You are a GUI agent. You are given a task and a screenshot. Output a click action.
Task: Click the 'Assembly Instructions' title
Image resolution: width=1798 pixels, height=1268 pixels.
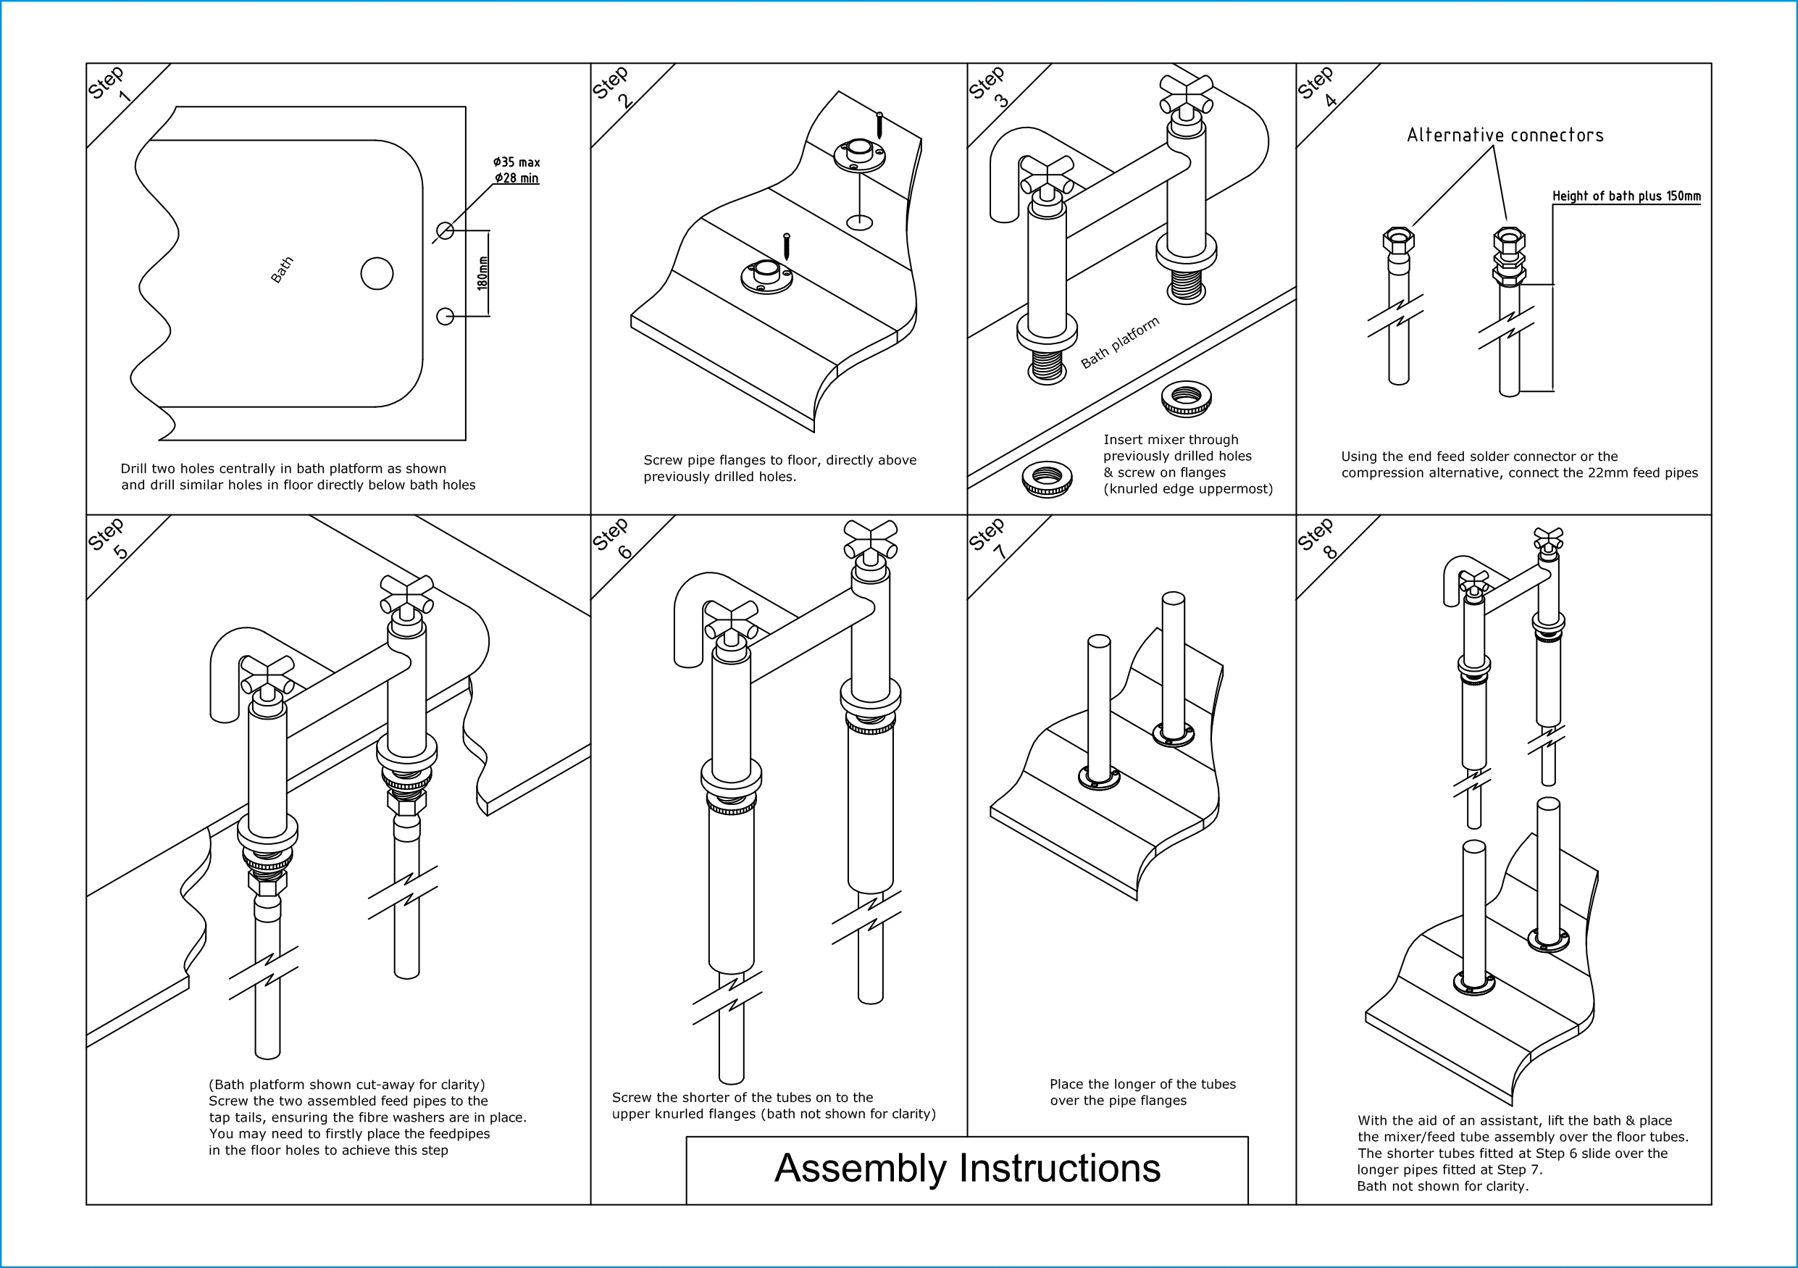[x=967, y=1169]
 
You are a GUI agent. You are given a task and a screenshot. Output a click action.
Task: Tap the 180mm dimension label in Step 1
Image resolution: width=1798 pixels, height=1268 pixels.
[x=483, y=273]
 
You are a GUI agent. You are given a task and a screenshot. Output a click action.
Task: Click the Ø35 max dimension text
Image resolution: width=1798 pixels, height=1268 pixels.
[x=517, y=162]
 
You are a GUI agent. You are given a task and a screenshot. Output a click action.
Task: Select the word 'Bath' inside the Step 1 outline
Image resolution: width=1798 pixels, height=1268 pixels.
[x=282, y=270]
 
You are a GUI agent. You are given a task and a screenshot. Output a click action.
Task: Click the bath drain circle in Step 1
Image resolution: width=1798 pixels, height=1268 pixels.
[x=377, y=274]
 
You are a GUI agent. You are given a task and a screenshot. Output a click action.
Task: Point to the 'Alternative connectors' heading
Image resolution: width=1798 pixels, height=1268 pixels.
[x=1505, y=135]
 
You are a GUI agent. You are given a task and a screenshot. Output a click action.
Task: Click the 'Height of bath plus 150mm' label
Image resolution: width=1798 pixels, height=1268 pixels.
[x=1626, y=196]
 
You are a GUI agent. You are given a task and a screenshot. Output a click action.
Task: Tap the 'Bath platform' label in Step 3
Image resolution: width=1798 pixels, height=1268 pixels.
[x=1120, y=343]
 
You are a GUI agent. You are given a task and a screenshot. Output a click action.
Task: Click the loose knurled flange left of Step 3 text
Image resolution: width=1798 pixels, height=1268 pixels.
[x=1047, y=478]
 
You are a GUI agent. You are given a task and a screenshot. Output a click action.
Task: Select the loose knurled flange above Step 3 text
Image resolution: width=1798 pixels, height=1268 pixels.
[x=1187, y=399]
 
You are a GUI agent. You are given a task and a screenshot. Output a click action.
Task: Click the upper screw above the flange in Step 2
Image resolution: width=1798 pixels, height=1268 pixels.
[x=879, y=126]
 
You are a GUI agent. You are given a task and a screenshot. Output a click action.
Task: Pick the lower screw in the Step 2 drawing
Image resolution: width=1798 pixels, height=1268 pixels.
[x=787, y=246]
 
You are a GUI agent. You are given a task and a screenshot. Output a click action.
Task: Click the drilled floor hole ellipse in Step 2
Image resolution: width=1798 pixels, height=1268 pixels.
[x=860, y=222]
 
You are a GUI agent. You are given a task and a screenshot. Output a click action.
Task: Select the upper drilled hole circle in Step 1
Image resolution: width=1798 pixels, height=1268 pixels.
[x=445, y=230]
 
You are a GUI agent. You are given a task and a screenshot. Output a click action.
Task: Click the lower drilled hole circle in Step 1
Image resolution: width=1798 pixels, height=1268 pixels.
[x=445, y=317]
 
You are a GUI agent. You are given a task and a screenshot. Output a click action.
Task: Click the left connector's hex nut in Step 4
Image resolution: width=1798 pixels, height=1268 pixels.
[x=1399, y=240]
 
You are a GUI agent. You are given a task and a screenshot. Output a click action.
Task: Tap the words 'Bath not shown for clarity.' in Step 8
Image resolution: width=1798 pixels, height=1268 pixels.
[x=1442, y=1186]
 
